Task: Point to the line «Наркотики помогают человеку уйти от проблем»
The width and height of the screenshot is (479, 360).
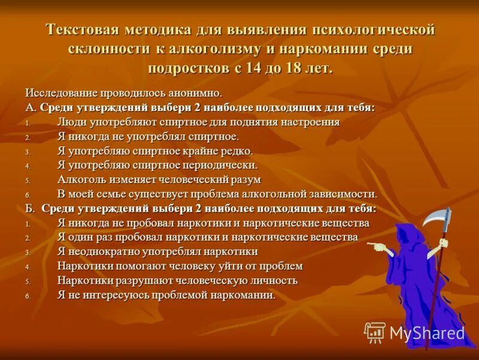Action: click(180, 266)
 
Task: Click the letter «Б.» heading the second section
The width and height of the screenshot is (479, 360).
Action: click(31, 208)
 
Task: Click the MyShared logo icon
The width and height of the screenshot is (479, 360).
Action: click(375, 332)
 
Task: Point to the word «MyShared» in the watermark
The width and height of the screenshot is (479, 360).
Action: click(427, 334)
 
